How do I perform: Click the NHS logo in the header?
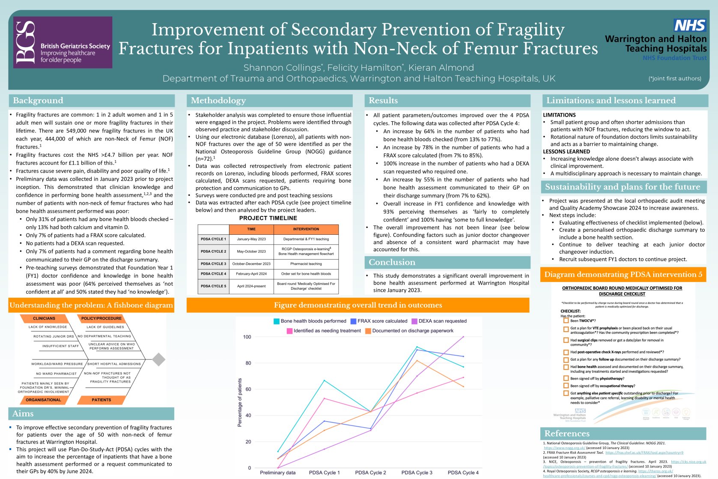click(x=689, y=26)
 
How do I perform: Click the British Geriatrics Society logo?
click(x=63, y=42)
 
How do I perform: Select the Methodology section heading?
click(x=218, y=101)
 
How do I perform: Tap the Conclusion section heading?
click(x=392, y=262)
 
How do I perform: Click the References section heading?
click(x=567, y=434)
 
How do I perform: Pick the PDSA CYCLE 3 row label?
click(x=213, y=264)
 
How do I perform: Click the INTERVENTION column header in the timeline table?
click(x=306, y=229)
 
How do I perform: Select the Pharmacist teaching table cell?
click(x=306, y=264)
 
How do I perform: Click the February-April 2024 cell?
click(x=251, y=274)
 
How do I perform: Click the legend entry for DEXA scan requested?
click(x=442, y=321)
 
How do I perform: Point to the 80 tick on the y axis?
click(x=248, y=363)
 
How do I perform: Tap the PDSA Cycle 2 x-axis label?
click(x=370, y=473)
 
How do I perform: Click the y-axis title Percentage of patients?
click(x=240, y=402)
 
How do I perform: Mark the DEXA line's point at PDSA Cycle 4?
click(x=463, y=337)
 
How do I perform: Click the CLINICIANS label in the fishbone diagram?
click(x=44, y=318)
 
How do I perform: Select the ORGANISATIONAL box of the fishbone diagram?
click(x=43, y=400)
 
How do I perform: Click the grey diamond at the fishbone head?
click(x=159, y=359)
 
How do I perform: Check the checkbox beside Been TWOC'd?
click(x=566, y=320)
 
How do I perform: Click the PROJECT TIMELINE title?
click(x=268, y=218)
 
